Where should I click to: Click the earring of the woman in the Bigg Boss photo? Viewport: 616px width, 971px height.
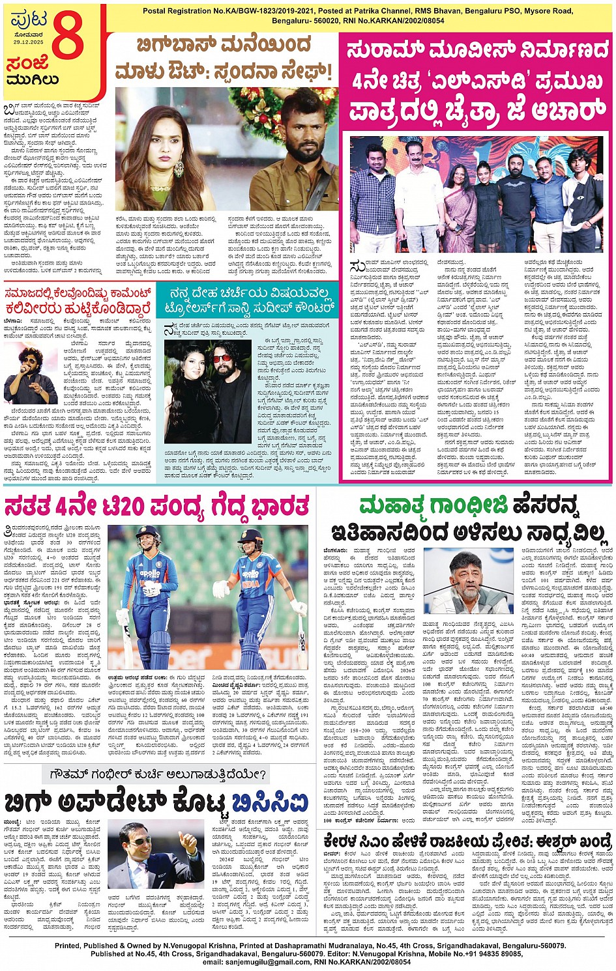(x=179, y=168)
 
